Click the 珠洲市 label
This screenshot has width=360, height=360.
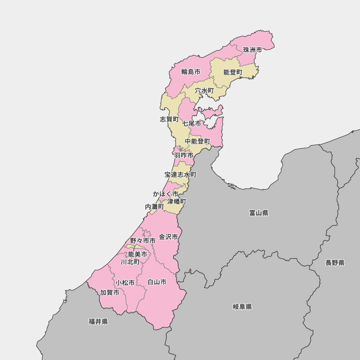[x=252, y=50]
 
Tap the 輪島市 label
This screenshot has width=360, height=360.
[x=191, y=72]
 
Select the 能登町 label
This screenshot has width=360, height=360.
[x=233, y=72]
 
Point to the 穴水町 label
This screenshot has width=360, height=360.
[x=204, y=90]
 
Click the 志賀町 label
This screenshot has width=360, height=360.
[x=169, y=119]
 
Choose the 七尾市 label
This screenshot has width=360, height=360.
[x=192, y=123]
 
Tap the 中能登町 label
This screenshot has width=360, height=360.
[x=198, y=141]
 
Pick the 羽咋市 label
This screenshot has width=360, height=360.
[x=184, y=156]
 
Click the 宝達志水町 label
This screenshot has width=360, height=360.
[x=181, y=175]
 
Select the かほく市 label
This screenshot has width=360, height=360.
[x=166, y=194]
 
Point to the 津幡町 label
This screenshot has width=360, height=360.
[x=177, y=202]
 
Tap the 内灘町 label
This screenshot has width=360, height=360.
[x=154, y=207]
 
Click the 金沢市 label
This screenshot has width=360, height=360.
[x=168, y=237]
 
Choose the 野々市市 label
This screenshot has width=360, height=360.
[x=143, y=240]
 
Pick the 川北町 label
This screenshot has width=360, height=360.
[x=130, y=262]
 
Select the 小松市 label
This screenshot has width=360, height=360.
[x=125, y=283]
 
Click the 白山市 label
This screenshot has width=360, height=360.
[x=157, y=282]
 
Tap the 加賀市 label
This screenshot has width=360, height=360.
[x=110, y=293]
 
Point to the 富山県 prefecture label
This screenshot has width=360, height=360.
[x=259, y=213]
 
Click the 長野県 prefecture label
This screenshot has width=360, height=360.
[x=335, y=263]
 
